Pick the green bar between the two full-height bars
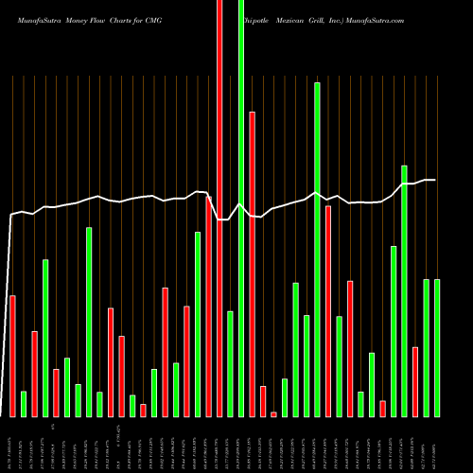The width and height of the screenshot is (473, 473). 230,364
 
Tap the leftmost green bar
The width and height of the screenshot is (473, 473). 24,404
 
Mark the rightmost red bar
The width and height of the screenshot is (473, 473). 415,382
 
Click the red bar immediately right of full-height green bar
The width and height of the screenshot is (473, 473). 253,264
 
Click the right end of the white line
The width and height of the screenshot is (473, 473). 435,180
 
